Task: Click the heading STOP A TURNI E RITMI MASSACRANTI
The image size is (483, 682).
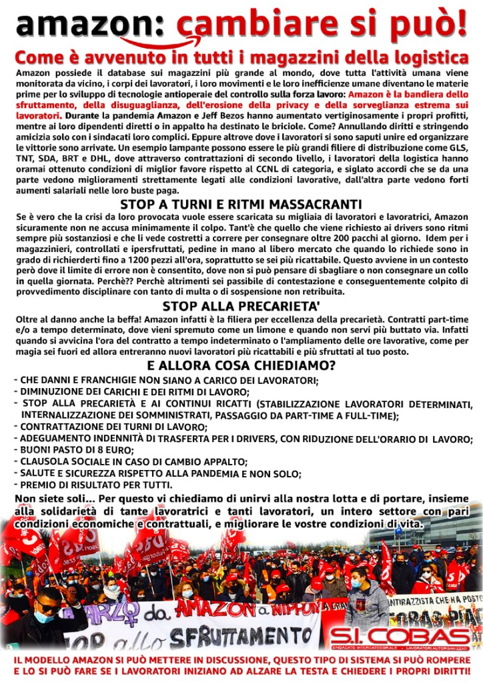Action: (241, 204)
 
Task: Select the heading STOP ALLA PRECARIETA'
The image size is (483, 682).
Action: (241, 307)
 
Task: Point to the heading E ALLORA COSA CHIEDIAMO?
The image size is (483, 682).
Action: (241, 366)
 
